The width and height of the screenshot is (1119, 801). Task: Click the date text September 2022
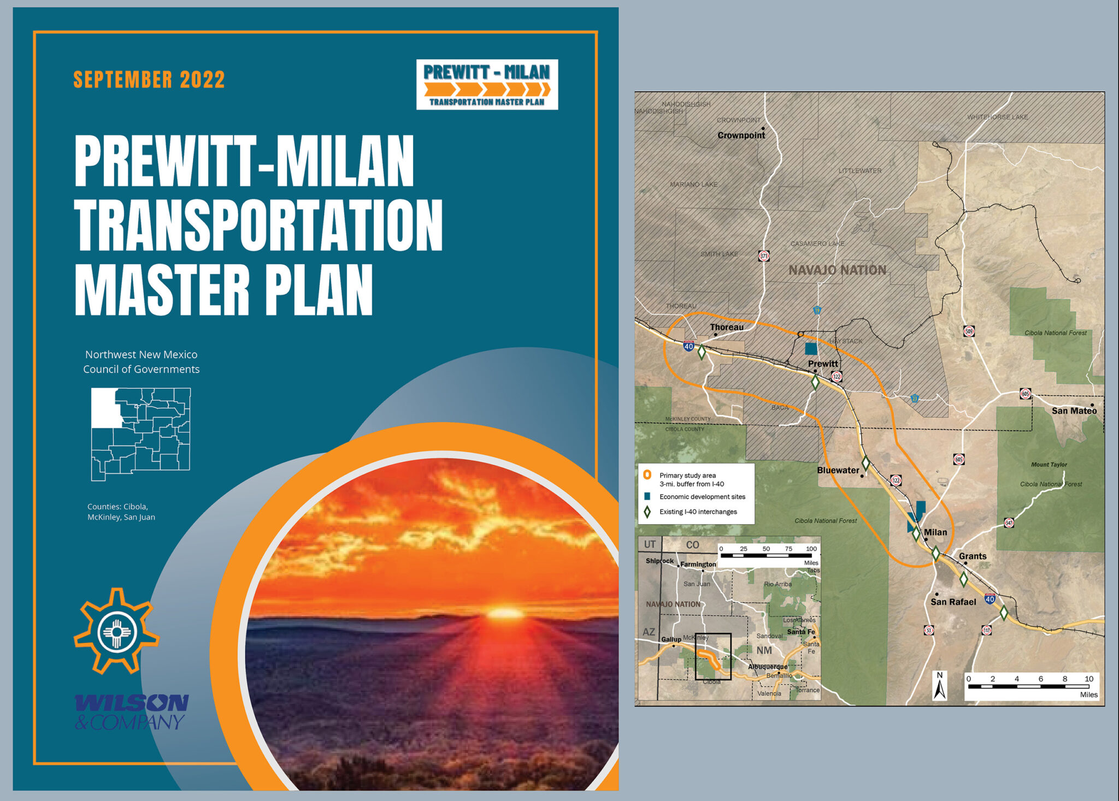pos(149,80)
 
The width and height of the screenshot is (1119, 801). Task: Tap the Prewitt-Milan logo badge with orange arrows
pos(487,85)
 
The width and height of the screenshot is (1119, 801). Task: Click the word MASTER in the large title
pos(162,290)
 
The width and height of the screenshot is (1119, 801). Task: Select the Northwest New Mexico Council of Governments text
pos(141,361)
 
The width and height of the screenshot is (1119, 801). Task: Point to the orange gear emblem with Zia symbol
pos(116,632)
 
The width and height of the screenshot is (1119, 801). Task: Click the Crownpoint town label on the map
pos(741,135)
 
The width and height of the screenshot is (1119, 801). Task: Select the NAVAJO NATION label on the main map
pos(837,270)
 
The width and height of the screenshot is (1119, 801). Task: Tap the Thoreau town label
pos(727,327)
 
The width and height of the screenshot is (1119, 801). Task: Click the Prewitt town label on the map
pos(823,364)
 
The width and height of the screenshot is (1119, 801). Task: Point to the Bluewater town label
pos(838,470)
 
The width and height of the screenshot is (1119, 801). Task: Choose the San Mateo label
pos(1074,411)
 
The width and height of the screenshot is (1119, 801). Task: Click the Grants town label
pos(973,556)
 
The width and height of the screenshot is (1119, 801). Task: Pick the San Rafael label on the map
pos(953,602)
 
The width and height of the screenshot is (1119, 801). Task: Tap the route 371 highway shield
pos(764,256)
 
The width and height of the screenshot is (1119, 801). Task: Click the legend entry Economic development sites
pos(702,497)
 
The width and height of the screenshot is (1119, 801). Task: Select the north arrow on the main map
pos(940,686)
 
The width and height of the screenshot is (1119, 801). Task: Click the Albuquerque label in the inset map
pos(768,667)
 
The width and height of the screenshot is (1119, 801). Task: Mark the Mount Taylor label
pos(1049,465)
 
